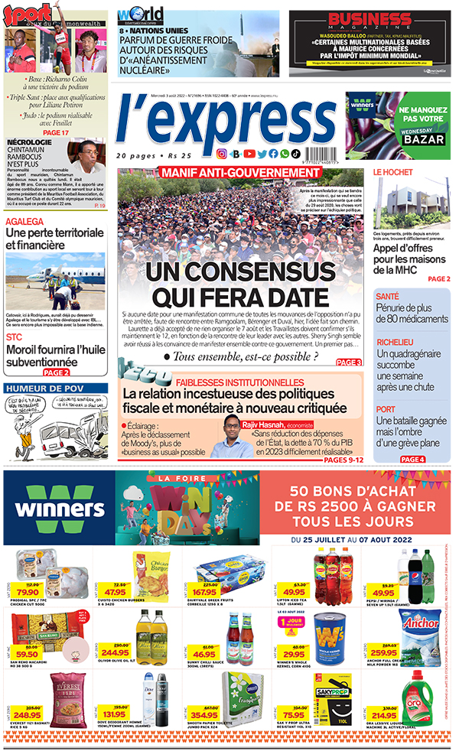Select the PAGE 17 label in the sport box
coord(56,132)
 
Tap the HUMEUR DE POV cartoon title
coord(46,388)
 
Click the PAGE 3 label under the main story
coord(348,362)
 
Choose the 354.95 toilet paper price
coord(206,714)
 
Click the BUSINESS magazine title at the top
coord(370,21)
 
